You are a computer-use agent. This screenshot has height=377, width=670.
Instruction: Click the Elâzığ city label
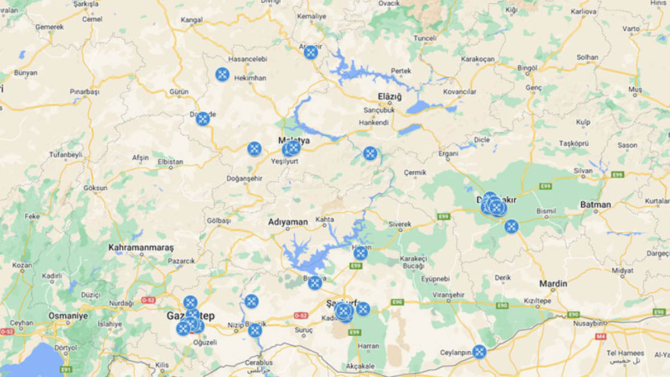click(390, 97)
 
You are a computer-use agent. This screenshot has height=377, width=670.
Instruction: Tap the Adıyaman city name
click(288, 222)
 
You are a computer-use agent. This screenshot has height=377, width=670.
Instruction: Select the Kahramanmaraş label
click(141, 247)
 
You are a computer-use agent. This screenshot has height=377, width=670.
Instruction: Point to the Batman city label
click(595, 204)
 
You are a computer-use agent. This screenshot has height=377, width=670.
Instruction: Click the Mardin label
click(553, 284)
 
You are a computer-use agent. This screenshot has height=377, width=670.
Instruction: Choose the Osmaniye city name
click(68, 316)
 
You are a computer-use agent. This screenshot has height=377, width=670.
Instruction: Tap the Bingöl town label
click(527, 68)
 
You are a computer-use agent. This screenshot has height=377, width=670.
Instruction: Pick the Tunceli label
click(424, 38)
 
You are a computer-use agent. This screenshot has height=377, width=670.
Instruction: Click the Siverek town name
click(400, 224)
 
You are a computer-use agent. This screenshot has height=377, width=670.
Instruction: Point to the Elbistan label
click(170, 162)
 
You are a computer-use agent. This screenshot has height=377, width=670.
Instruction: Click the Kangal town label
click(192, 21)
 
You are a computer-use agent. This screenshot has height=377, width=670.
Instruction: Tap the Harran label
click(368, 346)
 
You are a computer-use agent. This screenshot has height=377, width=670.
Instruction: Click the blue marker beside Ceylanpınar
click(479, 352)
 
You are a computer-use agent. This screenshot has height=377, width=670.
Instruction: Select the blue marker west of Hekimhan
click(222, 74)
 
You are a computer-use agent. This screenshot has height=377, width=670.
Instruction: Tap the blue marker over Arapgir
click(311, 53)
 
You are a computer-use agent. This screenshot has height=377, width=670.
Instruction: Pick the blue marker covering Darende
click(203, 119)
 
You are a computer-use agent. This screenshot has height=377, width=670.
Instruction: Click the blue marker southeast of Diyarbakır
click(511, 226)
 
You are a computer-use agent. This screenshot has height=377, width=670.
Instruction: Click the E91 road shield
click(66, 369)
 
